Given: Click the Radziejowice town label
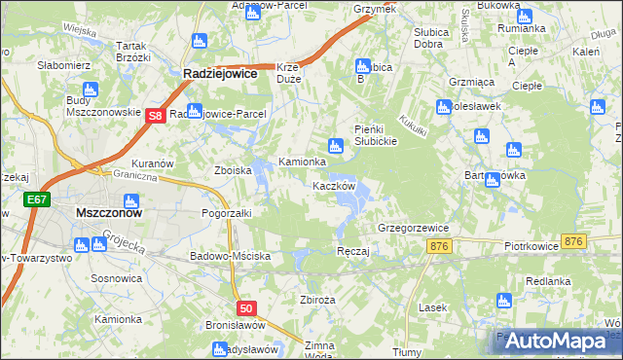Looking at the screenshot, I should click(221, 72).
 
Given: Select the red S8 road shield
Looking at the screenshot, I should click(155, 116).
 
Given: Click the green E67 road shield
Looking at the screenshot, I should click(36, 199).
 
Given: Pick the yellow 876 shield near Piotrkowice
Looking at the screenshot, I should click(573, 241).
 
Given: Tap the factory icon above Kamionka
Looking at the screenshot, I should click(336, 147).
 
